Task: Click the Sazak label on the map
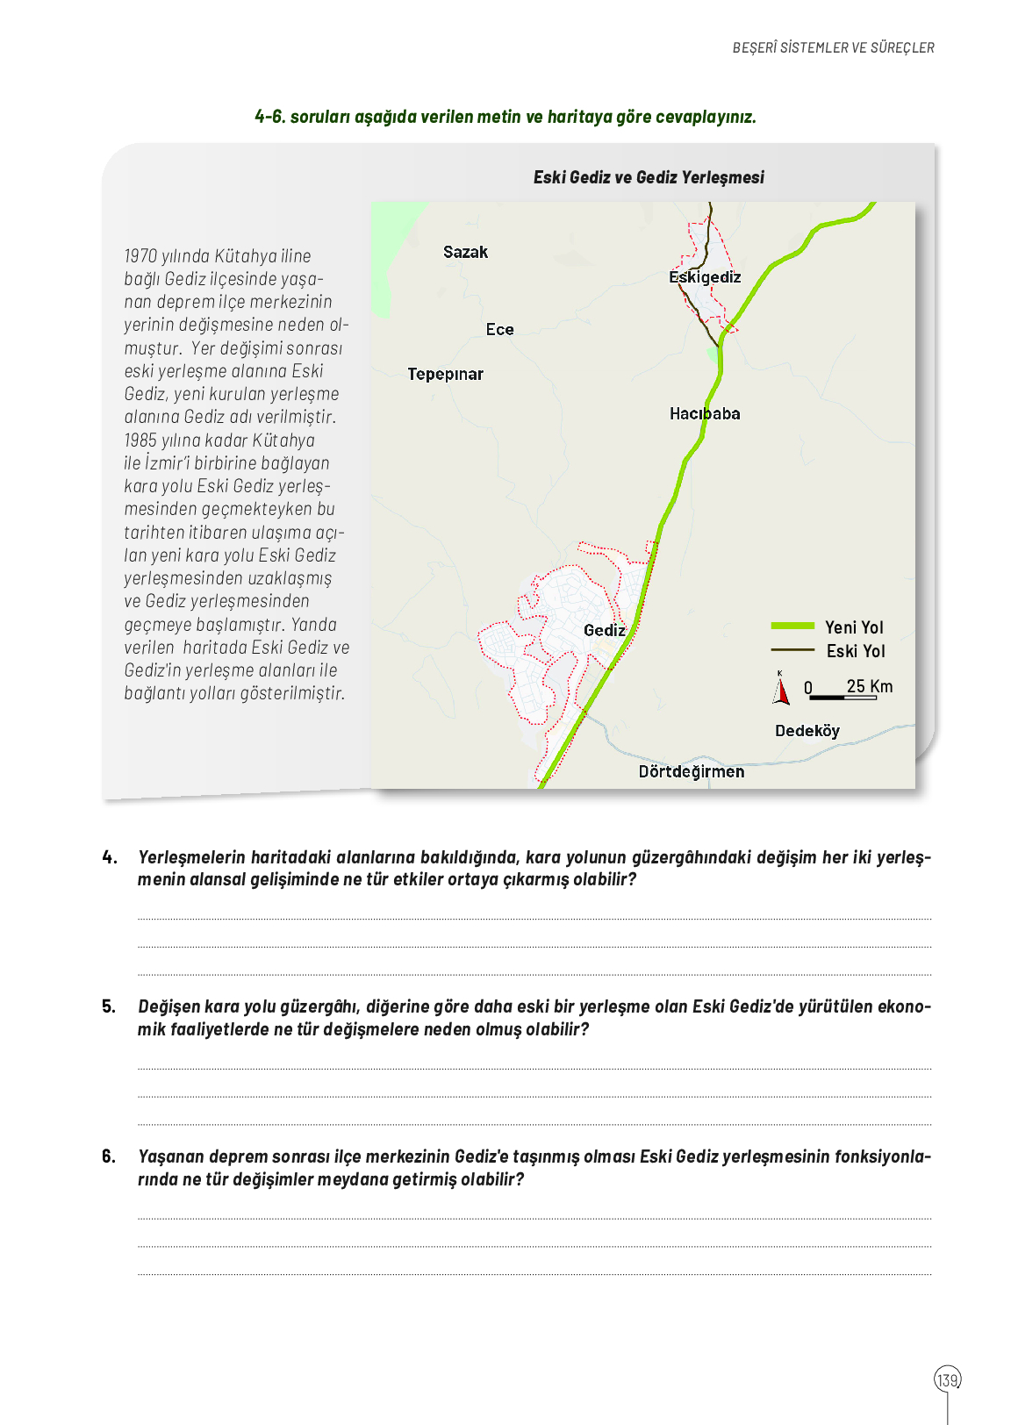[465, 253]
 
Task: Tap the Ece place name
[499, 330]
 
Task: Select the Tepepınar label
[445, 375]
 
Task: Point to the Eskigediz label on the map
[705, 277]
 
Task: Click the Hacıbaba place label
[705, 414]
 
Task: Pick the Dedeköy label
[807, 731]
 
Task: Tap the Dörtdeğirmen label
[691, 772]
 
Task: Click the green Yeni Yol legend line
[792, 627]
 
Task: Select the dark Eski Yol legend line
[792, 650]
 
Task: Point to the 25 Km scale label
[869, 686]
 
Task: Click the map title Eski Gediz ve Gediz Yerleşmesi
[649, 177]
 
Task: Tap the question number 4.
[110, 857]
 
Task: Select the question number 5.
[109, 1006]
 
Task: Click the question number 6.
[109, 1156]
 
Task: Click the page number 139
[947, 1380]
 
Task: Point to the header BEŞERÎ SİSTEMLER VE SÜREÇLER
[833, 47]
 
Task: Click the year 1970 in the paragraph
[140, 256]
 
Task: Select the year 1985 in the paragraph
[140, 440]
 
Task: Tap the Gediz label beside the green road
[604, 631]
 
